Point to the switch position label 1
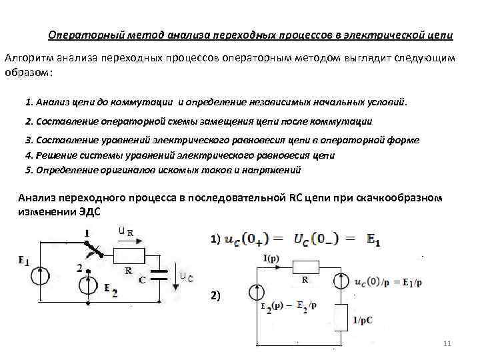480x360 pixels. pyautogui.click(x=87, y=233)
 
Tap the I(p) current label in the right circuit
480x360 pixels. pyautogui.click(x=271, y=257)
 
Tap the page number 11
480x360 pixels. pyautogui.click(x=447, y=343)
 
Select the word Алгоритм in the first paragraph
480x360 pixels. pyautogui.click(x=27, y=58)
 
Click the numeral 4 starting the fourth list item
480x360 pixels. pyautogui.click(x=27, y=155)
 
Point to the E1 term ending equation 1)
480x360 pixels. pyautogui.click(x=374, y=239)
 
